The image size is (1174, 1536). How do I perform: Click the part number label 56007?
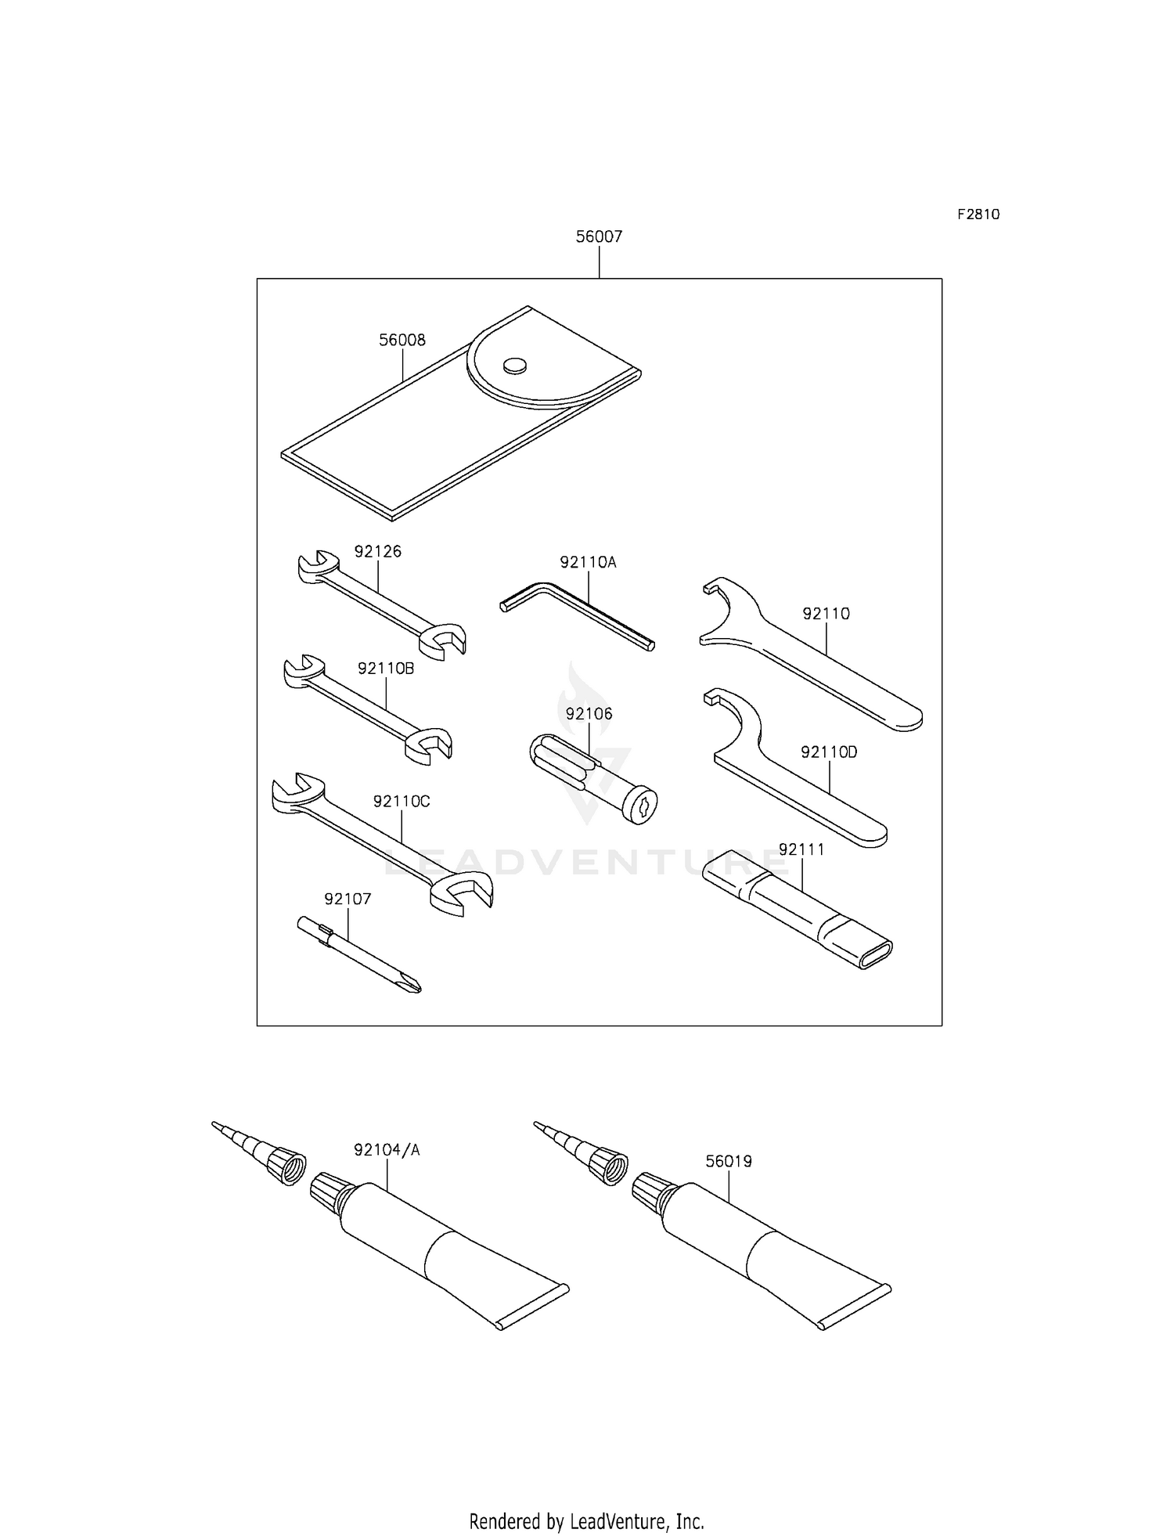click(x=599, y=236)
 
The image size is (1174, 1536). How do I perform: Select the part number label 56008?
click(x=402, y=341)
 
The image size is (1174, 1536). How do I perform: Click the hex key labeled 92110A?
click(x=578, y=615)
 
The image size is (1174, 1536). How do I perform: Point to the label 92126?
click(x=378, y=552)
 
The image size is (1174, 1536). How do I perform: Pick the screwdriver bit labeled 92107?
click(x=359, y=955)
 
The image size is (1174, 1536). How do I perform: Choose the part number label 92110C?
click(x=402, y=802)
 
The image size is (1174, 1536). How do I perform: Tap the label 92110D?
click(x=829, y=752)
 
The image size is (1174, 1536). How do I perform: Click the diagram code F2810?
click(x=978, y=215)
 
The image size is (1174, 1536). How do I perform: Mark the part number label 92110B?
click(x=386, y=669)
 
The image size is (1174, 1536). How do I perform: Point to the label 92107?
click(x=348, y=900)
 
